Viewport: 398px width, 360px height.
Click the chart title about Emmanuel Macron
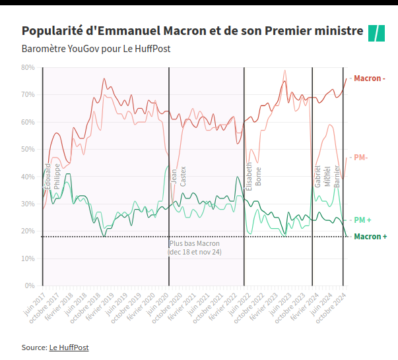[x=192, y=31]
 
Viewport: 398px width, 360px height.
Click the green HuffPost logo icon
[x=376, y=32]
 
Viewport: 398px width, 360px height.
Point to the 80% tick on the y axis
[x=28, y=67]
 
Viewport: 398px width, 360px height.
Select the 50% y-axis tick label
[x=28, y=150]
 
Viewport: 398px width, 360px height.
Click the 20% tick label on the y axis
[x=28, y=231]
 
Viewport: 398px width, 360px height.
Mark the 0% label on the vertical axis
[x=30, y=286]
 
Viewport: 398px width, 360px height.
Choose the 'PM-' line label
[x=361, y=158]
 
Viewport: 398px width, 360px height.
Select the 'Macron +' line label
[x=370, y=236]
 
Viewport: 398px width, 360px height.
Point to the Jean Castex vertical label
[x=179, y=175]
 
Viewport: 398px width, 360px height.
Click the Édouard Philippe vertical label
[x=52, y=175]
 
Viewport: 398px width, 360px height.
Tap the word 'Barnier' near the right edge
[x=337, y=175]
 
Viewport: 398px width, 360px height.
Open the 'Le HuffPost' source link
[x=69, y=347]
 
